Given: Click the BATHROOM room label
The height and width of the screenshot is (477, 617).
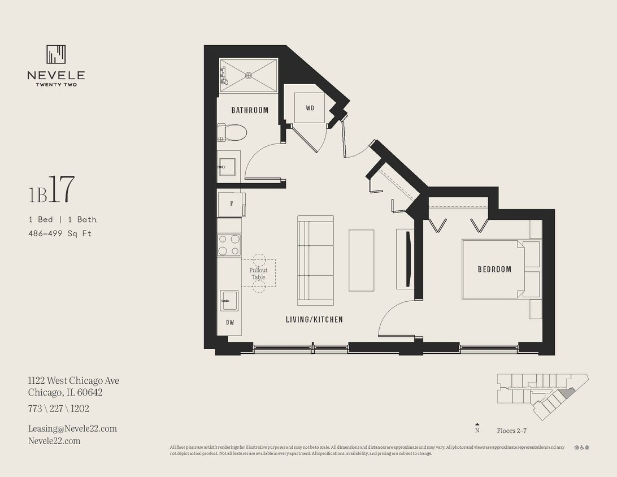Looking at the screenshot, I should point(249,110).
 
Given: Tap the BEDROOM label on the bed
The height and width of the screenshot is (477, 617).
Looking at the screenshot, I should point(494,270).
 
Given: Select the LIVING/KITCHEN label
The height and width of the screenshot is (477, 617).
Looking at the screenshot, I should point(314,320).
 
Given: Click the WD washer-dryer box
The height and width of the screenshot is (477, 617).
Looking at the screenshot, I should point(310,107).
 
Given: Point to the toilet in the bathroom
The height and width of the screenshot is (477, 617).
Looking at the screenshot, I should point(233,133).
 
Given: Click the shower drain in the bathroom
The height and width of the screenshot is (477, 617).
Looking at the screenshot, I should point(248,75).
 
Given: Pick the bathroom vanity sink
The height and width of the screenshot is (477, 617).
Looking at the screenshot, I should point(227,167).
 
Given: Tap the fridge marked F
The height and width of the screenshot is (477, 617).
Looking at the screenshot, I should point(231,204).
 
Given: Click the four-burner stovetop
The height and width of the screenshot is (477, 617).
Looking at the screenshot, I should point(229,245).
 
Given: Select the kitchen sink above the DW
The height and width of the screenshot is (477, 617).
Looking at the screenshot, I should point(229,300).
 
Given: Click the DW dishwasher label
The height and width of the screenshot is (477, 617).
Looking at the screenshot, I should point(230,323).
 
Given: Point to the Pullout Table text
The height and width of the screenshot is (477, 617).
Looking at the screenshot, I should point(258,274).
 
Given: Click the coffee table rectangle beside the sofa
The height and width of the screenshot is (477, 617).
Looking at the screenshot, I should point(361,260).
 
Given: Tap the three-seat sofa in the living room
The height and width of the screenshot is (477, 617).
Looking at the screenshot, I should point(315,260).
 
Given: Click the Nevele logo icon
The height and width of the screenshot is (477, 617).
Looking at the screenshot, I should point(56,54).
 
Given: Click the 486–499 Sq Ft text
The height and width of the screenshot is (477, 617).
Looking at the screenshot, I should point(60,233).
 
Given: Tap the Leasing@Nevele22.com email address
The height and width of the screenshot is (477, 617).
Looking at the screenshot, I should point(72,428).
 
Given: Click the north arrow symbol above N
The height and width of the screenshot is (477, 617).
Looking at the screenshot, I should point(477,424).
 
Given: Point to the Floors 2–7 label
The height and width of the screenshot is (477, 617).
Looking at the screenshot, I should point(512,430).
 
